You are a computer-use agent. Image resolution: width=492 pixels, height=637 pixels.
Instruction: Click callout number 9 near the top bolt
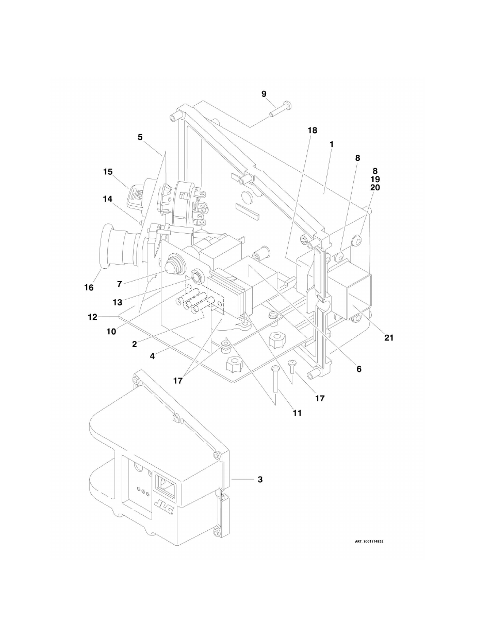pos(264,94)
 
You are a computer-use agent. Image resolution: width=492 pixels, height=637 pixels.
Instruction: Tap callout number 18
pos(313,130)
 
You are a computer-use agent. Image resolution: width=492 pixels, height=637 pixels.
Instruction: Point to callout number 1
pos(332,144)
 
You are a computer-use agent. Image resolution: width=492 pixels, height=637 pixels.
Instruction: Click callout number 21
pos(388,338)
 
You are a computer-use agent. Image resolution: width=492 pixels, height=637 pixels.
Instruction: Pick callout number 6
pos(358,369)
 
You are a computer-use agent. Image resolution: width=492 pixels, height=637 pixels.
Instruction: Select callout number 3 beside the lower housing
pos(260,479)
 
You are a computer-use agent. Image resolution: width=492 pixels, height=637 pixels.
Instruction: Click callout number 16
pos(89,287)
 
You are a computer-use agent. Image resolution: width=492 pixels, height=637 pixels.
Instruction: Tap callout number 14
pos(107,198)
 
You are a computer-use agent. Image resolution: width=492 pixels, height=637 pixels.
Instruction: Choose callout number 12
pos(92,317)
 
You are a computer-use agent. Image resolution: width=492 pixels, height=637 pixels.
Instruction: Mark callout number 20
pos(375,188)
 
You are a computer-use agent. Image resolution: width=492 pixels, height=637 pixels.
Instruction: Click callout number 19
pos(375,179)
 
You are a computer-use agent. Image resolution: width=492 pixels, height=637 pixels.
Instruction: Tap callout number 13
pos(118,303)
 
